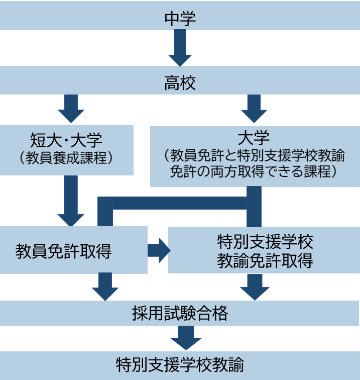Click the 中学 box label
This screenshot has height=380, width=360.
(x=180, y=19)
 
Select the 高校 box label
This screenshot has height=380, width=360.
(x=180, y=83)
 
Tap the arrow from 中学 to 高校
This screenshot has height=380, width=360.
(x=180, y=48)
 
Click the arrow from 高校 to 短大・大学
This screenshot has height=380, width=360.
(x=71, y=108)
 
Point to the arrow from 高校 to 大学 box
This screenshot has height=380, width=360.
(x=255, y=108)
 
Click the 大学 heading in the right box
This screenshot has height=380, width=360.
(x=255, y=138)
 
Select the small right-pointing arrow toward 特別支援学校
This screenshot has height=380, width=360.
(x=159, y=250)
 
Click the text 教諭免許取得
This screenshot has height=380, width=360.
(x=265, y=260)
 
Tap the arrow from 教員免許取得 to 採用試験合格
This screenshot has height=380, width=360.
(x=105, y=287)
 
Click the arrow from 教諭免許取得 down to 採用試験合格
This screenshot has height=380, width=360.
(x=255, y=287)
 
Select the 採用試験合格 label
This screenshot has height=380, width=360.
(x=180, y=314)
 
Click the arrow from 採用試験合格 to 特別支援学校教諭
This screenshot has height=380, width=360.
(x=185, y=338)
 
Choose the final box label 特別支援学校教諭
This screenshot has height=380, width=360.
(x=180, y=363)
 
